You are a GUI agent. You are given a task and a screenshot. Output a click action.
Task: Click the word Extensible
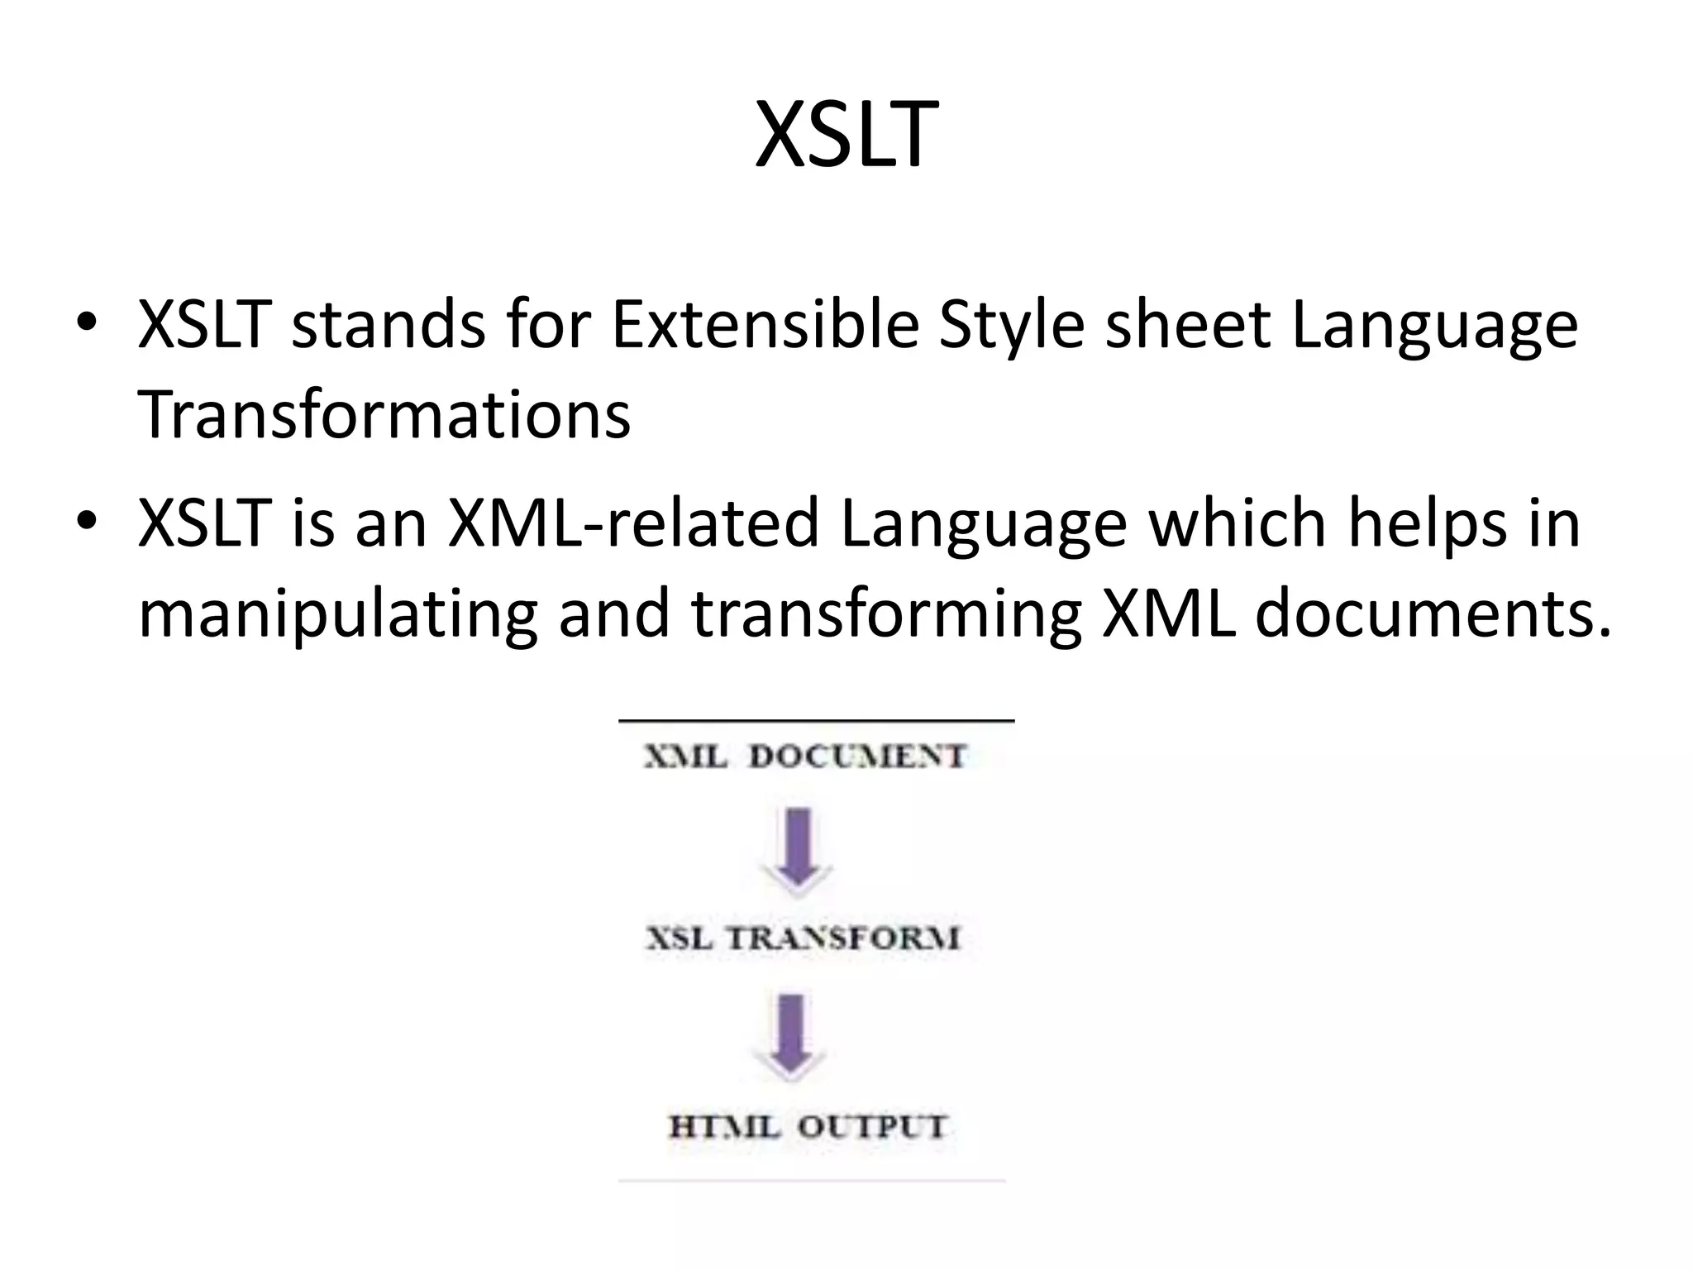coord(765,324)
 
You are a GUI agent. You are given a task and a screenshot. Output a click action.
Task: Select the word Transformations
coord(384,414)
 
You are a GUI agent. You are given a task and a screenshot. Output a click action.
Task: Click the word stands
coord(389,324)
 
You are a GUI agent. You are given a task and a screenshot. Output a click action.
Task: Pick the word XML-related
coord(632,523)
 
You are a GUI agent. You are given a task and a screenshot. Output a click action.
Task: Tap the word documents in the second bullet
coord(1433,614)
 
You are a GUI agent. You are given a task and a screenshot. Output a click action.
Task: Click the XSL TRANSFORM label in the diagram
coord(803,938)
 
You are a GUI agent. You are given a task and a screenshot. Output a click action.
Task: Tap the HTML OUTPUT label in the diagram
coord(807,1126)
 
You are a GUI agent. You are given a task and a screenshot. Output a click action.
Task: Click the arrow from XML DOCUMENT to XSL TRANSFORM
coord(798,852)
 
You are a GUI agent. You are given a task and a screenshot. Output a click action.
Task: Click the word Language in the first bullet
coord(1434,324)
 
